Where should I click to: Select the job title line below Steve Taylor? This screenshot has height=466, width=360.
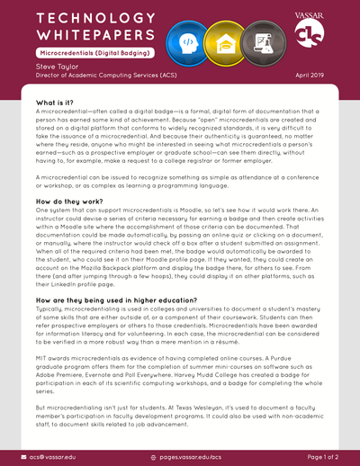pos(91,76)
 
